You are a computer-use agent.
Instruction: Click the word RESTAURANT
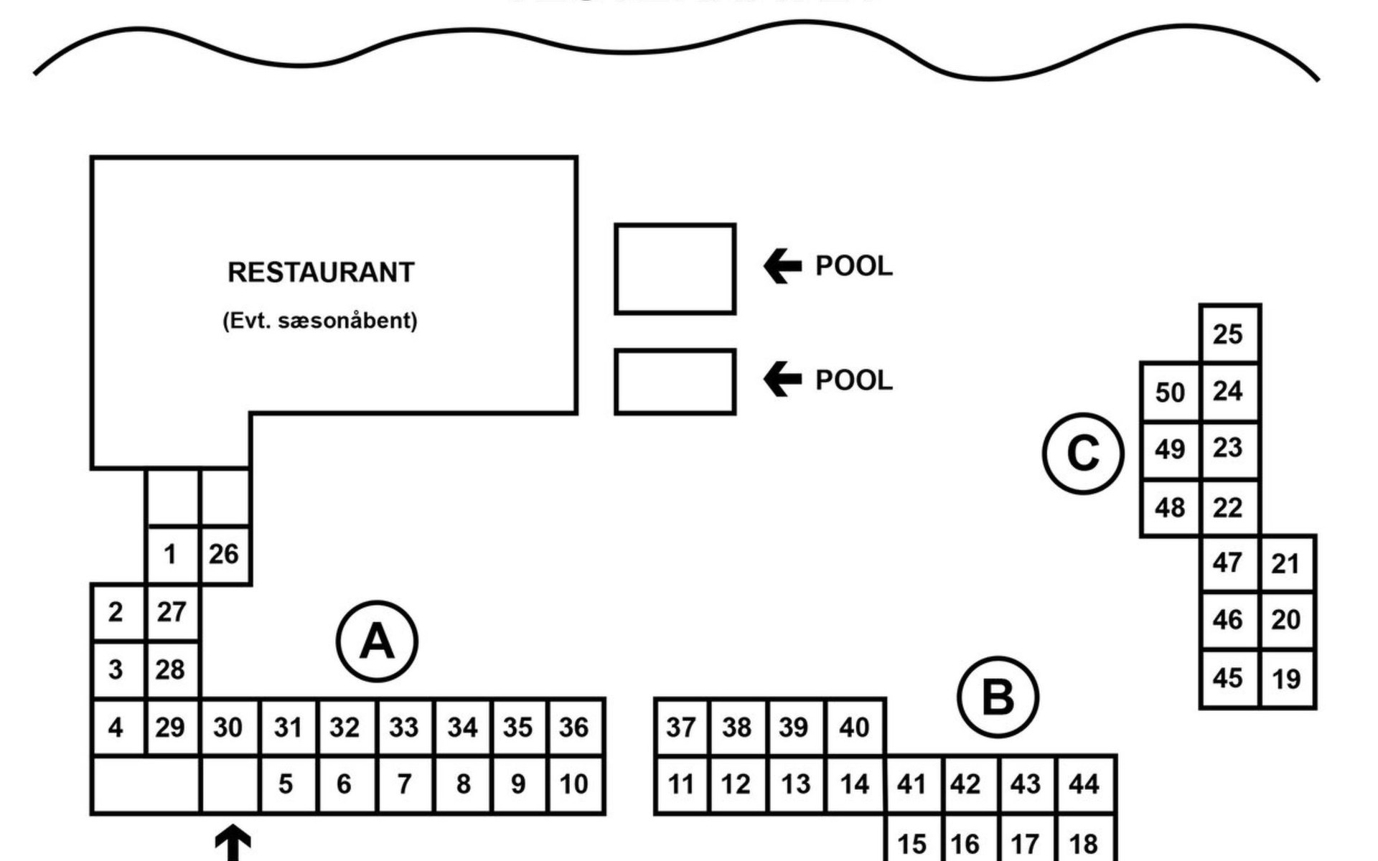click(x=321, y=273)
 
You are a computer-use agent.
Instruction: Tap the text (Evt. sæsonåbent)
click(x=320, y=320)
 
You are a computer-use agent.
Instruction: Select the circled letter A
click(x=377, y=641)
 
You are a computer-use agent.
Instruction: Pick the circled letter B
click(x=998, y=697)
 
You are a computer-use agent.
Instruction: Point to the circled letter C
click(x=1083, y=453)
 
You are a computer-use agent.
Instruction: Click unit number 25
click(x=1228, y=334)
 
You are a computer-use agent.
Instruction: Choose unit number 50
click(x=1170, y=392)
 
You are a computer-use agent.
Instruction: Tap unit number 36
click(x=574, y=728)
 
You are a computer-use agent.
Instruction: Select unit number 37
click(x=681, y=728)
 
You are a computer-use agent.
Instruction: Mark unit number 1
click(x=170, y=555)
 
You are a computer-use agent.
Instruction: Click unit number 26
click(x=224, y=554)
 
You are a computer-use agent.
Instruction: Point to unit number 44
click(x=1084, y=784)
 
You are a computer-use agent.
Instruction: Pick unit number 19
click(x=1286, y=679)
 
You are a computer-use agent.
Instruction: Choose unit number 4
click(x=116, y=728)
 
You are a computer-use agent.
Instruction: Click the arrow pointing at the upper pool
click(x=782, y=266)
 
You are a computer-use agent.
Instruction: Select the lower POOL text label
click(x=854, y=380)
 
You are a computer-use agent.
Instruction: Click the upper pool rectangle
click(x=675, y=269)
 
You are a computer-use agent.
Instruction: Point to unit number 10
click(x=574, y=784)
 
